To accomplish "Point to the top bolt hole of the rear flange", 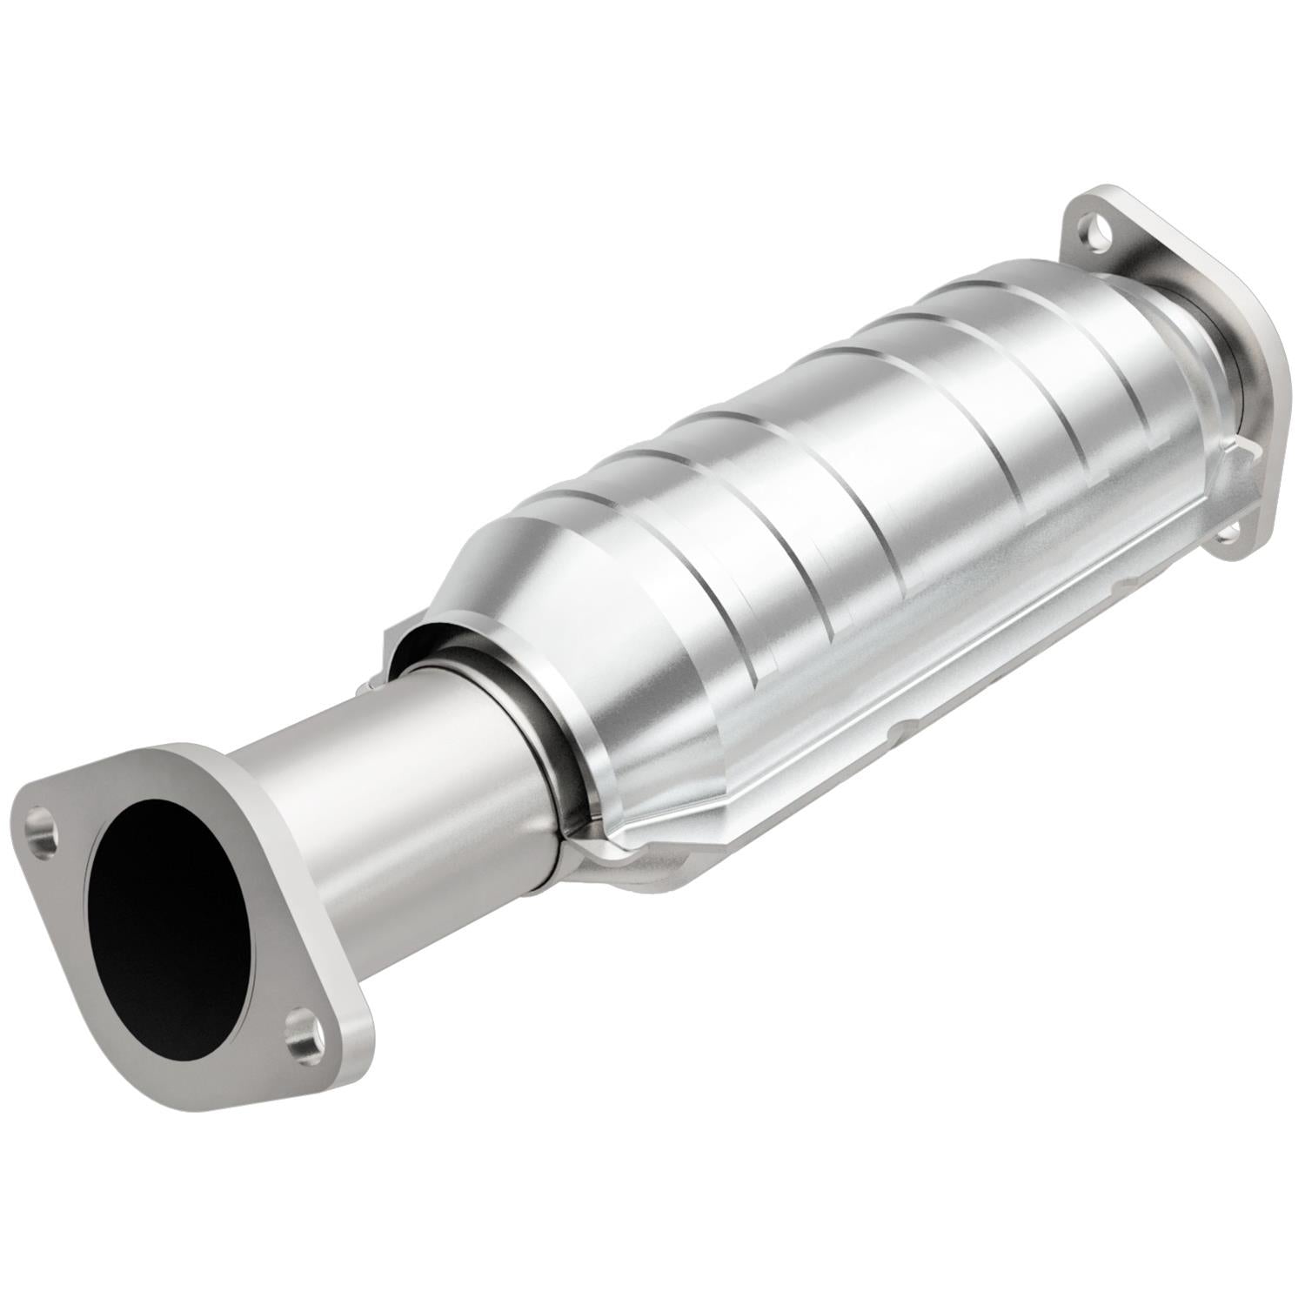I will (1091, 231).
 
